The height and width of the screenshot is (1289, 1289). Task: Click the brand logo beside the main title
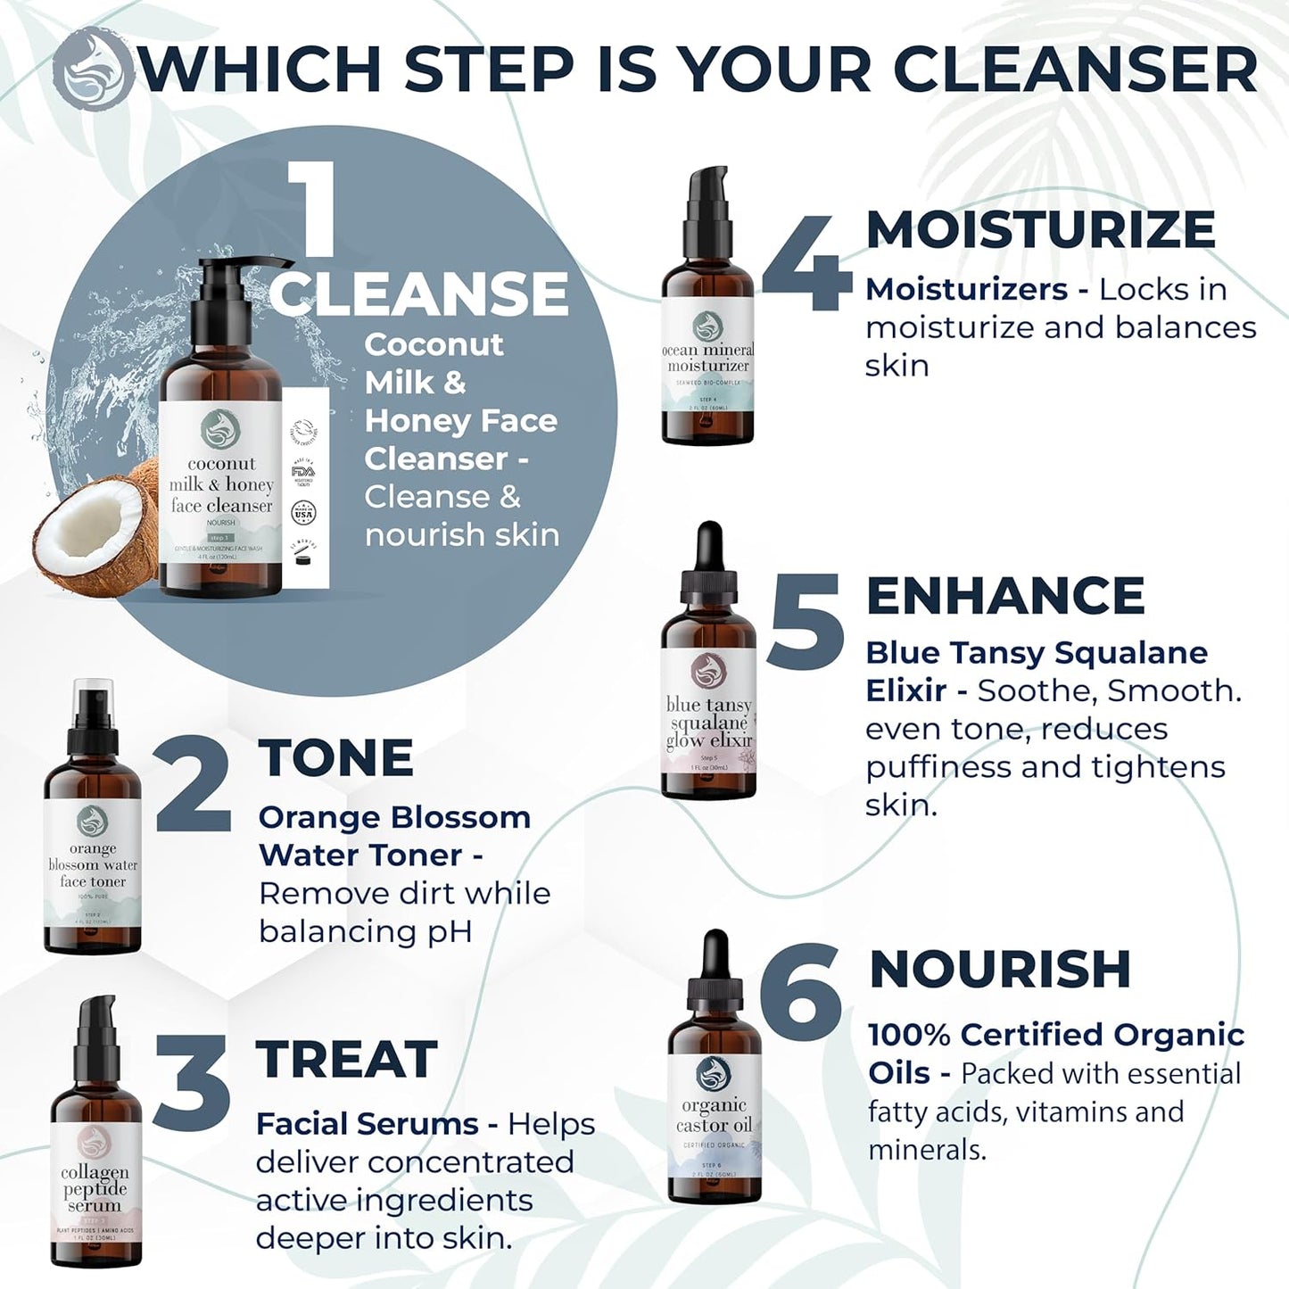[x=93, y=69]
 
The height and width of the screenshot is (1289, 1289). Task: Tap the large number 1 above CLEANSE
[x=308, y=210]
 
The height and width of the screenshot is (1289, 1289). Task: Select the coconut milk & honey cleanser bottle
[x=221, y=446]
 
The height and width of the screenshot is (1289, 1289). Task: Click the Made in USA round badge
[x=304, y=514]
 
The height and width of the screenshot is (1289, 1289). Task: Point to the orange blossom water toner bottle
[x=93, y=830]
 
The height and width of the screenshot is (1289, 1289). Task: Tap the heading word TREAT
[x=346, y=1060]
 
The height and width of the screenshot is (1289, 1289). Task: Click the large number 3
[x=191, y=1083]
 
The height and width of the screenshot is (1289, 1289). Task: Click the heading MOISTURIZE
[x=1040, y=229]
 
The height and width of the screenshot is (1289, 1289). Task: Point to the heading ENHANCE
[x=1005, y=596]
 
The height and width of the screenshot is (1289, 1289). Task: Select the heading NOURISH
[x=1000, y=969]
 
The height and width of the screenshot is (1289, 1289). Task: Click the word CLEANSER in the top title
[x=1075, y=69]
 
